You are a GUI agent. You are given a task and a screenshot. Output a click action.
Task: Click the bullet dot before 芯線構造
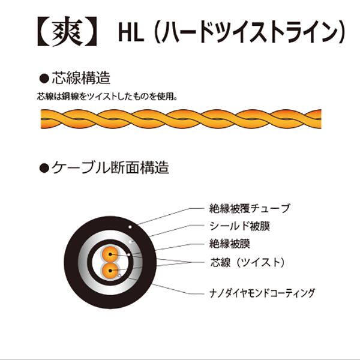coord(43,79)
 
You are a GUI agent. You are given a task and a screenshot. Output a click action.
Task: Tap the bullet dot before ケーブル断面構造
coord(43,168)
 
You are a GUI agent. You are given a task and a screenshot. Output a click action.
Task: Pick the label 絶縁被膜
coord(229,244)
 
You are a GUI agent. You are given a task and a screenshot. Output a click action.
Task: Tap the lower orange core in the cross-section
coord(111,270)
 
